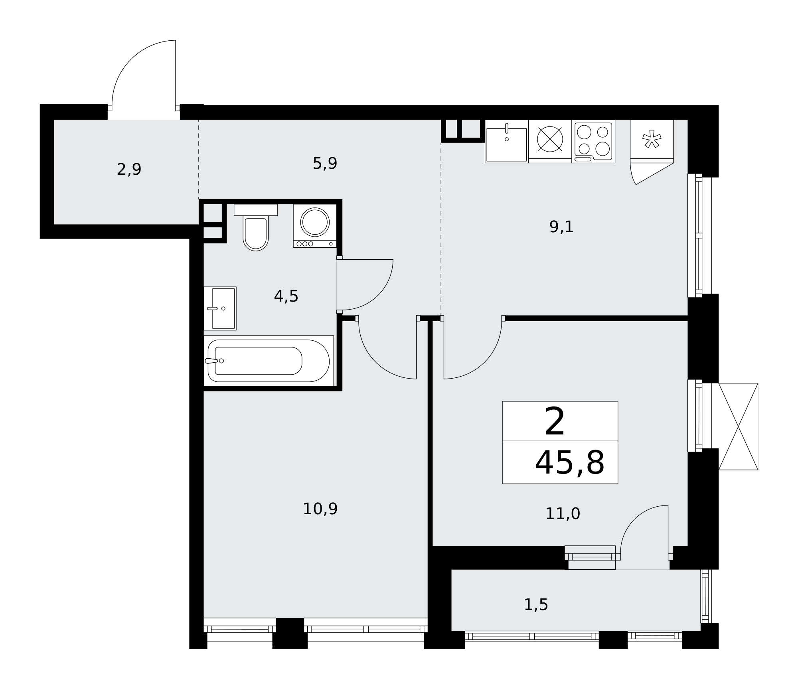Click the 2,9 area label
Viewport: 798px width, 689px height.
point(129,170)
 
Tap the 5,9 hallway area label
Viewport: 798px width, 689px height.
point(325,163)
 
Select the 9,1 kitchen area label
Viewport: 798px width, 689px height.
point(561,227)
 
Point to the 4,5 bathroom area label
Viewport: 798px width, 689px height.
point(286,296)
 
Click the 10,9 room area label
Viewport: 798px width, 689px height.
point(320,509)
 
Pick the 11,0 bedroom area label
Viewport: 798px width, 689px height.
point(563,513)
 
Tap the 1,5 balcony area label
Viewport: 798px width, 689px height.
point(536,605)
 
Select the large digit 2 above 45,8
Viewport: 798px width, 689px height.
point(555,422)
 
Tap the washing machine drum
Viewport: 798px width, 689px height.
point(315,222)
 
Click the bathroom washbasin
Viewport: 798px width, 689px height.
point(220,308)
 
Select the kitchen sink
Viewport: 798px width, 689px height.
point(506,142)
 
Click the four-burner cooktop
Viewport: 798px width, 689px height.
point(593,142)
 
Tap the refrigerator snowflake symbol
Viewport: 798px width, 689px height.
point(652,138)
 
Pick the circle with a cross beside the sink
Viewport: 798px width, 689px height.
point(550,139)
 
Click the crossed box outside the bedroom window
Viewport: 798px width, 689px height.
point(738,426)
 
